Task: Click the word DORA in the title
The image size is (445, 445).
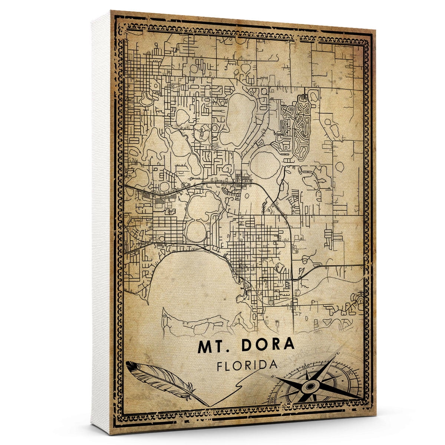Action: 268,345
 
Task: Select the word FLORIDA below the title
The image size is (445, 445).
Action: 248,365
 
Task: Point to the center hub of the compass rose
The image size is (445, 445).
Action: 309,387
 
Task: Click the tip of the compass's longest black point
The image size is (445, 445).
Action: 362,399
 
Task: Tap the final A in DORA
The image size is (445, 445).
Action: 289,345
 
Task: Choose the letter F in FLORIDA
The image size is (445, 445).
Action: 220,365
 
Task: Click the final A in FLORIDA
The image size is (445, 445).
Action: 274,365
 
